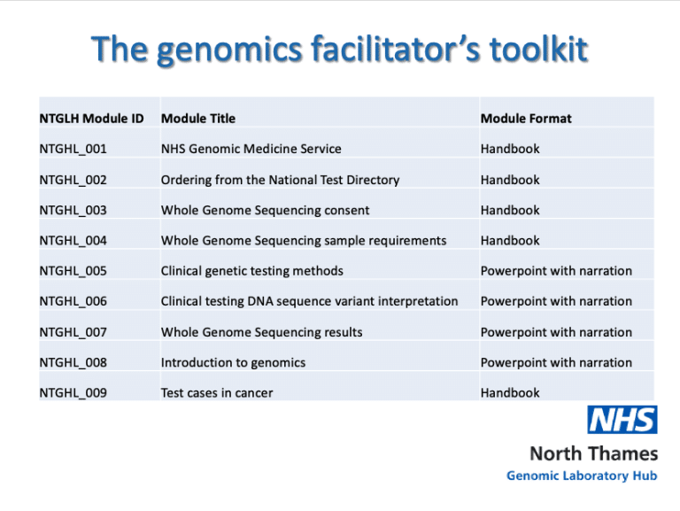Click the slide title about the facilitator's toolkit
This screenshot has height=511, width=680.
coord(340,50)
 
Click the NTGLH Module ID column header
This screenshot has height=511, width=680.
coord(91,119)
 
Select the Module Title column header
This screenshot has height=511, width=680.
coord(198,119)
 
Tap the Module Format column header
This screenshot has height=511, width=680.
coord(526,119)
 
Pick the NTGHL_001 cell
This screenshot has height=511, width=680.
coord(73,149)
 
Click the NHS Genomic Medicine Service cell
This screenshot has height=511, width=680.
coord(251,149)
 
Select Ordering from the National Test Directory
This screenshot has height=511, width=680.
coord(280,180)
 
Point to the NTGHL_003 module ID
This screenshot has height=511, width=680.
coord(73,210)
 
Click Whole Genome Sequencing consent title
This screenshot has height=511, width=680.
coord(265,210)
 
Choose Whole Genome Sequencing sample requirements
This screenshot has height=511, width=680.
coord(303,240)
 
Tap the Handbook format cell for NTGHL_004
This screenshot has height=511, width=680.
coord(510,240)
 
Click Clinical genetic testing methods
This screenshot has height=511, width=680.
coord(251,271)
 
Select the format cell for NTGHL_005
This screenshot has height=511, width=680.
coord(556,271)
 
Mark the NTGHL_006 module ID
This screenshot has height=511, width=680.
coord(73,301)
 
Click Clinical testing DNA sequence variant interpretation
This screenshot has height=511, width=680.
coord(309,301)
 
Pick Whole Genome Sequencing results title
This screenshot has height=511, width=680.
coord(261,332)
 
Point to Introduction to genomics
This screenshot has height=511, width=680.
coord(233,362)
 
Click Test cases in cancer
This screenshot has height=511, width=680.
coord(217,392)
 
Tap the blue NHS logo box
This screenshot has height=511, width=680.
coord(622,420)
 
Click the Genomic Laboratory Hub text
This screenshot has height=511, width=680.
coord(582,476)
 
